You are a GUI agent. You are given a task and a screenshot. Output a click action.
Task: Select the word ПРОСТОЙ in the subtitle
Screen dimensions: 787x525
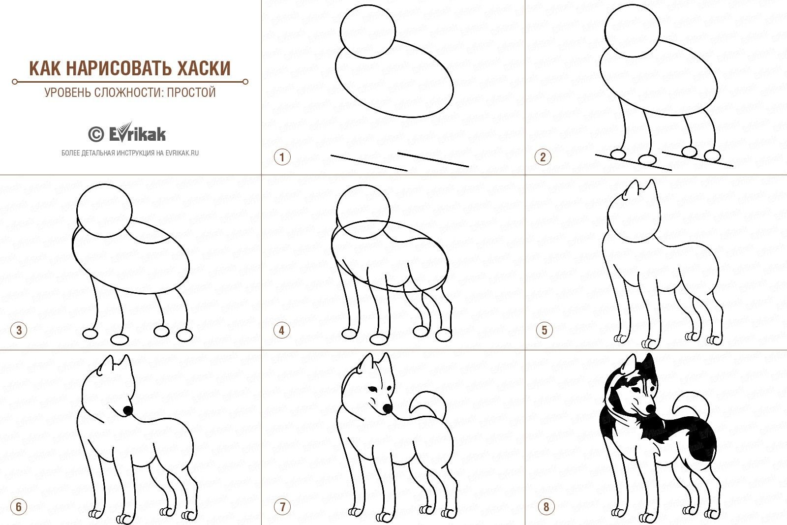(191, 92)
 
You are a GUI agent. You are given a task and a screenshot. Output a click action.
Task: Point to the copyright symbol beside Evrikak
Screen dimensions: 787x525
(96, 134)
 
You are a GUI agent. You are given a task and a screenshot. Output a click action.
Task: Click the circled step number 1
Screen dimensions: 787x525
(282, 157)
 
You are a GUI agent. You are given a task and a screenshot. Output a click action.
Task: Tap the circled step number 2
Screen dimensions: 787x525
(543, 157)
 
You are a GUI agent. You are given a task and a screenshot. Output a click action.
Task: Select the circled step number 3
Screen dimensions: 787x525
(19, 330)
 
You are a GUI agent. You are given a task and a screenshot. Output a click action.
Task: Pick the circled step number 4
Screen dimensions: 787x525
(282, 330)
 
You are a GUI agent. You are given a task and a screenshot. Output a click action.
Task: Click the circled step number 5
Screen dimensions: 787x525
(545, 330)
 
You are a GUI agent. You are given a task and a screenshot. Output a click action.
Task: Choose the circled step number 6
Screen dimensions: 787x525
(19, 507)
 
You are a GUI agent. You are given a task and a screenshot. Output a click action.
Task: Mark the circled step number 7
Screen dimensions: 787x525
(282, 507)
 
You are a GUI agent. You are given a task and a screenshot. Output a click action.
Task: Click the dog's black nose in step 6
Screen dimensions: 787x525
(128, 410)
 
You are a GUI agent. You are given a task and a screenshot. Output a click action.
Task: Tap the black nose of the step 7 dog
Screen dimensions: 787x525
(387, 408)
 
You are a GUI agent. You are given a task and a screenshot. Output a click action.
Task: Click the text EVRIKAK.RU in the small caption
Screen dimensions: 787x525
(182, 153)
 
